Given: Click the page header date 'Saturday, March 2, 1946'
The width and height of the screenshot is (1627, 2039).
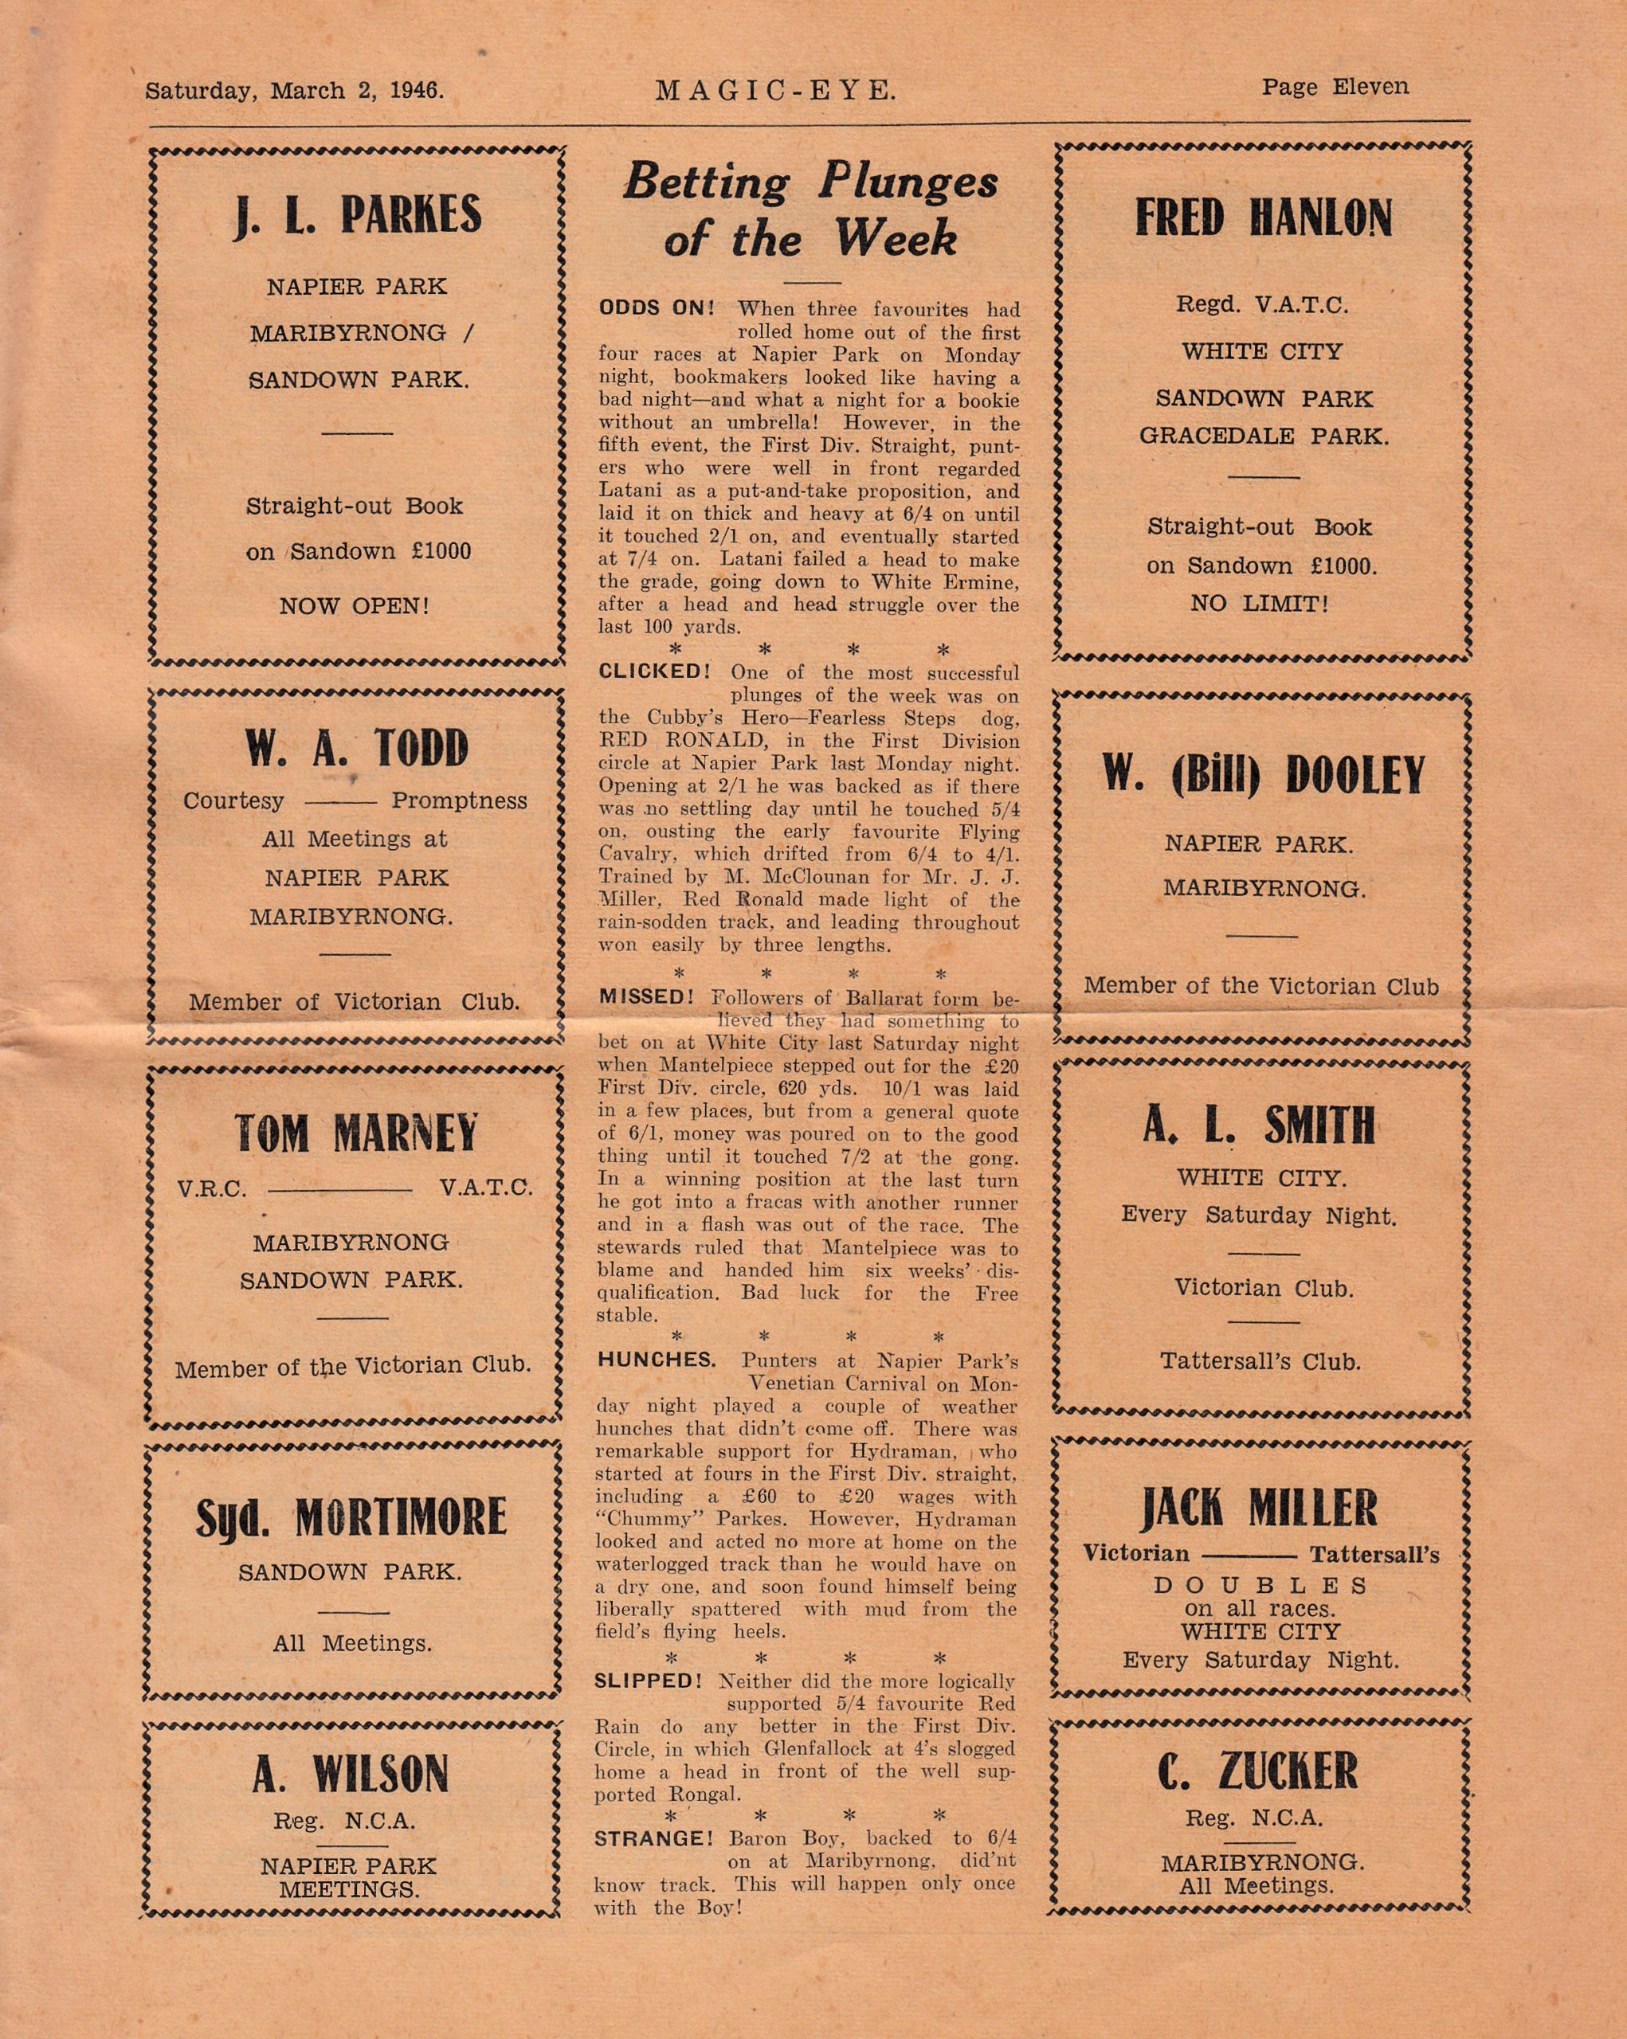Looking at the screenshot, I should pos(294,91).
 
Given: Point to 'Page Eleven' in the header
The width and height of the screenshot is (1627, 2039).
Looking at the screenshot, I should pos(1335,87).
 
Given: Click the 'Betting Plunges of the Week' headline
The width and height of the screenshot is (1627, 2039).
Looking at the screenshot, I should pos(810,208).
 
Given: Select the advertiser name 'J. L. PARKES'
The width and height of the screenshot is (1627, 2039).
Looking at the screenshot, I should pos(358,215).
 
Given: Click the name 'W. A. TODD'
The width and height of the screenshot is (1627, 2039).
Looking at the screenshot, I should pos(357,748).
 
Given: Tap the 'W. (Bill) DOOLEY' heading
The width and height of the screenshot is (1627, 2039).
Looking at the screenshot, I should pos(1263,776).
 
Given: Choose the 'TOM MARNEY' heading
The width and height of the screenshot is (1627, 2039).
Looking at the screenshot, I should pos(355,1133).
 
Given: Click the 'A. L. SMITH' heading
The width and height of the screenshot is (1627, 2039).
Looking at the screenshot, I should pos(1258,1125).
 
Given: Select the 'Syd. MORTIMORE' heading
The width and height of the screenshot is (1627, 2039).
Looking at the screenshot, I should pos(351,1518).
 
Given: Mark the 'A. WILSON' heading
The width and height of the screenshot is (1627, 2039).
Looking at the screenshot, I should pos(350,1775).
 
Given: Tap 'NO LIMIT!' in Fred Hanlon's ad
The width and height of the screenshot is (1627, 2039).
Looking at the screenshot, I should pos(1259,604).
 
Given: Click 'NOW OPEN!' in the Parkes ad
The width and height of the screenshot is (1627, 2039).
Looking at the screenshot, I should pos(355,606).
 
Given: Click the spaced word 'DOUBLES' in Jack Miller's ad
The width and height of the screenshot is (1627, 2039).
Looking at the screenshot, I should pos(1260,1585).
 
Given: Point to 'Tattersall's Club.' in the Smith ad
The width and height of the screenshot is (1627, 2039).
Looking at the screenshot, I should pos(1260,1362).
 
